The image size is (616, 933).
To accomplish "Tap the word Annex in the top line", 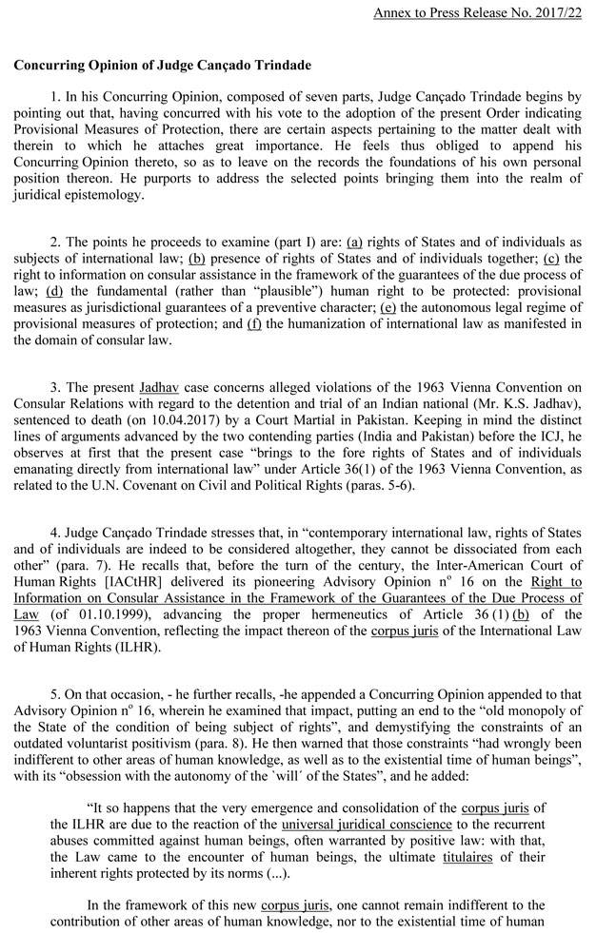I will [392, 13].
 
